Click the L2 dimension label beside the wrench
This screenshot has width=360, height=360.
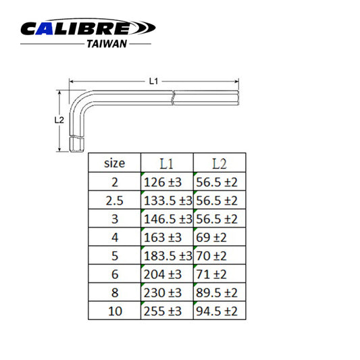(59, 119)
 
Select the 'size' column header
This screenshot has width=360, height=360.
(114, 163)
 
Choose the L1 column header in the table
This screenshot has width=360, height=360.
(167, 163)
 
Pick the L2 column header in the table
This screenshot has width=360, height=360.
(220, 163)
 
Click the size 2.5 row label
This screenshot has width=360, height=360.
(114, 201)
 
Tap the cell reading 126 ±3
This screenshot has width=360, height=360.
(166, 182)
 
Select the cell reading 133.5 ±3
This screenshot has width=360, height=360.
(167, 201)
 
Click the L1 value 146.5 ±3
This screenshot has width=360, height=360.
(167, 219)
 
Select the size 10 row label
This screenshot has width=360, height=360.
(114, 311)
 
